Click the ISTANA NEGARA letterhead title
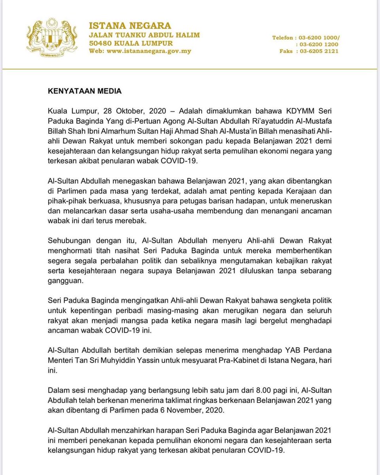tap(130, 26)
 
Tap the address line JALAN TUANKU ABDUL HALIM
tap(144, 35)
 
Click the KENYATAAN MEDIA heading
tap(85, 91)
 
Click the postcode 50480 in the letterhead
tap(101, 43)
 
